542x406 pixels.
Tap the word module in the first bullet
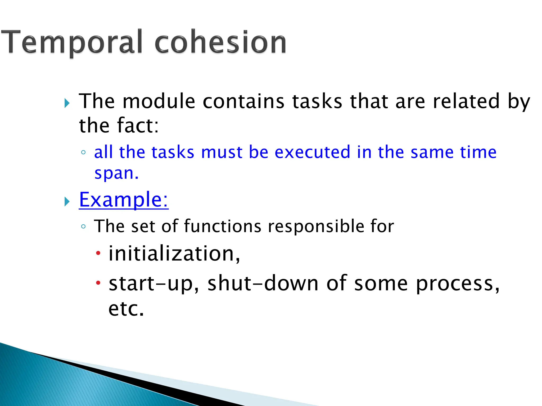click(x=159, y=101)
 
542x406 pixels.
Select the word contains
click(x=243, y=101)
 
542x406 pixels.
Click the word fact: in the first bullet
click(x=138, y=126)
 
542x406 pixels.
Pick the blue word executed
click(x=312, y=152)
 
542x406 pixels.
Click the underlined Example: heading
click(x=124, y=200)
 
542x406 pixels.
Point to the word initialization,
click(x=174, y=254)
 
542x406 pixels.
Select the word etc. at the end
click(x=126, y=308)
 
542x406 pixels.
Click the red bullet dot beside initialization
click(x=98, y=253)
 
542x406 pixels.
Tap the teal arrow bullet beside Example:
click(x=67, y=202)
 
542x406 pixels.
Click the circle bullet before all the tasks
click(x=83, y=152)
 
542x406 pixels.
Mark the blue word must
click(x=221, y=152)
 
